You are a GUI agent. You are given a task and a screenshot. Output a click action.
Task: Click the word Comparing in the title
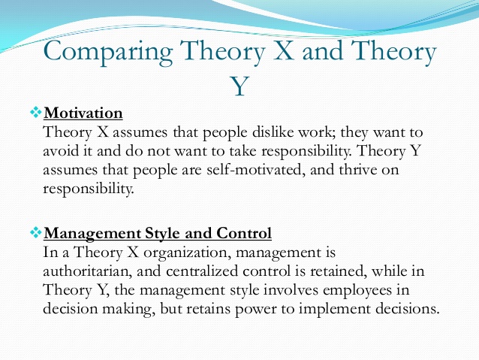coord(108,53)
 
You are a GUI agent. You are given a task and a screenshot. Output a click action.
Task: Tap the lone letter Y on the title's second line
coord(239,86)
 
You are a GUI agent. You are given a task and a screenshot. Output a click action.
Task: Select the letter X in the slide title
coord(283,50)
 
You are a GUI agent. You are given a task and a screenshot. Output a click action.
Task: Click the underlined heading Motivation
coord(83,113)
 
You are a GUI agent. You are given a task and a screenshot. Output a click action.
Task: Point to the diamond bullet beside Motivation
coord(36,112)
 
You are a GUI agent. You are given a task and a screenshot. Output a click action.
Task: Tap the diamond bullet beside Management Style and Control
coord(36,232)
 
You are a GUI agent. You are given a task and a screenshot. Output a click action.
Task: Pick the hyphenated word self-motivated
coord(256,170)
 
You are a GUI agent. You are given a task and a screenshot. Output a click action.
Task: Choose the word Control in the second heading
coord(244,233)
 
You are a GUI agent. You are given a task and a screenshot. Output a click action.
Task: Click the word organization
coord(187,253)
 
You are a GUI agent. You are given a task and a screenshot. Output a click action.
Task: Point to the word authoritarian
coord(87,271)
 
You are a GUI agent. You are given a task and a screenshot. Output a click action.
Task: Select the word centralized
coord(202,271)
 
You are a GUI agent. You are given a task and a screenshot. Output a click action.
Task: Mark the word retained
coord(338,271)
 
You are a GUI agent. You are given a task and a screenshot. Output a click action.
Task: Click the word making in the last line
coord(126,309)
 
